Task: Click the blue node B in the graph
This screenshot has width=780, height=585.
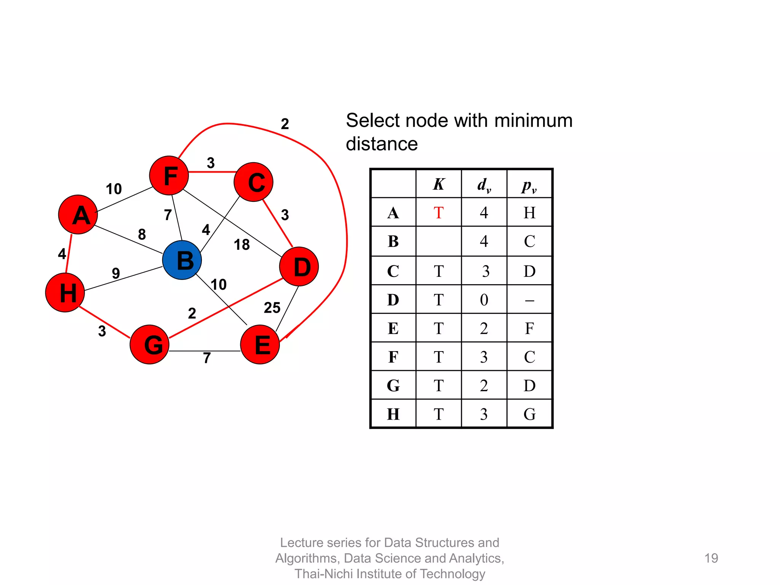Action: coord(182,260)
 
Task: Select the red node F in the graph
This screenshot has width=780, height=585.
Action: coord(169,176)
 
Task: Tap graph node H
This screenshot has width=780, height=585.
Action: coord(65,292)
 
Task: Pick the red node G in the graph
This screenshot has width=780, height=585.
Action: coord(150,344)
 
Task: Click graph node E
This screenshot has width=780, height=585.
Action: coord(260,344)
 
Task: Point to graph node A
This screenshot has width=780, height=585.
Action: coord(78,214)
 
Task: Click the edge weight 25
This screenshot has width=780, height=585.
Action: coord(272,308)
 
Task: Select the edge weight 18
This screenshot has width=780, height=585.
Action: coord(241,245)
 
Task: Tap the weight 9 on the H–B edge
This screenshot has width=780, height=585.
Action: coord(116,273)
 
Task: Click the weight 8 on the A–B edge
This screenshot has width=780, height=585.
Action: coord(142,234)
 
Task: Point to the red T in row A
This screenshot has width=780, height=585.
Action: coord(438,213)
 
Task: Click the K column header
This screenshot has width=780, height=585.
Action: coord(438,184)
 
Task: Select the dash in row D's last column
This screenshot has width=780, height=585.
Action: coord(529,300)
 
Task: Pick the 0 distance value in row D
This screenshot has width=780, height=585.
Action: coord(484,300)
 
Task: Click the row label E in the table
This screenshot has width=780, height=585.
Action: coord(393,328)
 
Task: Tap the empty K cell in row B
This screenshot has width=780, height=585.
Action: coord(438,241)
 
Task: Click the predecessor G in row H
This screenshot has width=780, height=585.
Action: coord(529,414)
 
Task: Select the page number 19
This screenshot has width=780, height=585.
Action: coord(711,558)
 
